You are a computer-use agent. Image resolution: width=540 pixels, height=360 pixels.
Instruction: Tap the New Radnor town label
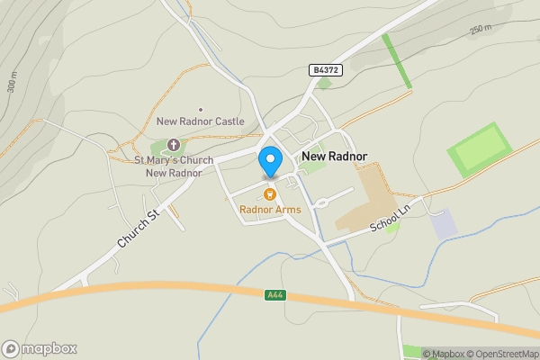click(x=335, y=156)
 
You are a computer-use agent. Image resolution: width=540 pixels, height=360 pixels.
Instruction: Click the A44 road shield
click(x=275, y=294)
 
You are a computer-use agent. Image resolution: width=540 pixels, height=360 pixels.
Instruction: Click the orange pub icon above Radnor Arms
click(x=268, y=194)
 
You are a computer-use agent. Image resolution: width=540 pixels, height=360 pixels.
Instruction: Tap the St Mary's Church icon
click(x=174, y=145)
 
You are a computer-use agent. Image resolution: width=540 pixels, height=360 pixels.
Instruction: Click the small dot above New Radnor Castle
click(x=200, y=109)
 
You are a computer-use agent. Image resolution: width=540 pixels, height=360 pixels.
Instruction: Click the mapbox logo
click(x=40, y=348)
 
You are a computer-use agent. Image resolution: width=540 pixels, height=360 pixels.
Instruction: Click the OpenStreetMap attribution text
click(x=504, y=354)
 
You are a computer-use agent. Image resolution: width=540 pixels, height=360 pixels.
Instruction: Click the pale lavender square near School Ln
click(x=444, y=224)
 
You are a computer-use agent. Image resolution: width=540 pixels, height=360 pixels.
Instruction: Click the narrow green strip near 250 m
click(x=396, y=60)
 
